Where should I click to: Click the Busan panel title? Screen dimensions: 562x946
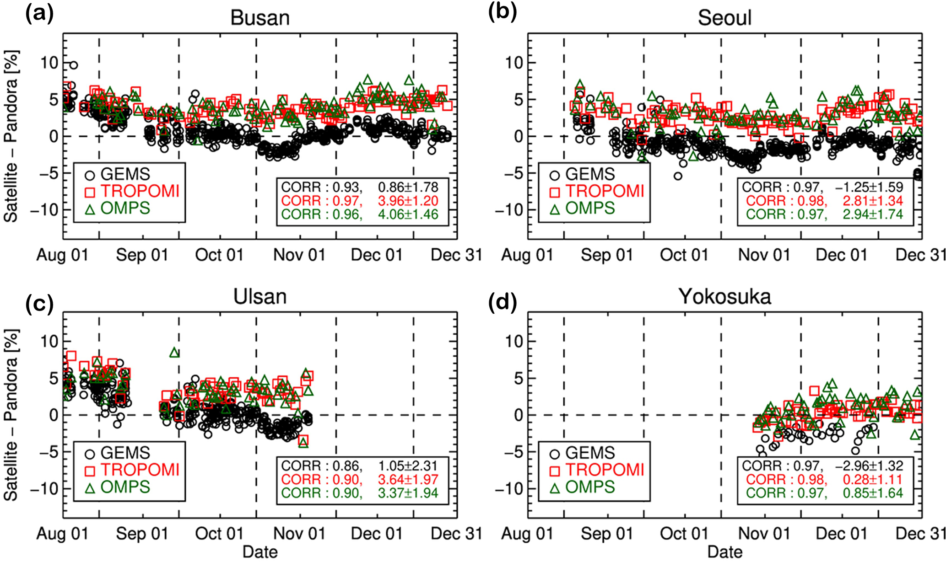260,18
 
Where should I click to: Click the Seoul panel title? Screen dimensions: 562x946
724,18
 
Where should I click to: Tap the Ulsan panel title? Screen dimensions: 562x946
260,297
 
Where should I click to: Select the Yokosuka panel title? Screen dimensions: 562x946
724,297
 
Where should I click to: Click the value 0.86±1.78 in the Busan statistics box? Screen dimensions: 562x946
408,187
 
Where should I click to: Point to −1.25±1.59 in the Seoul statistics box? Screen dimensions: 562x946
869,187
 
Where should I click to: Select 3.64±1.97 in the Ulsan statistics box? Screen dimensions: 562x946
408,480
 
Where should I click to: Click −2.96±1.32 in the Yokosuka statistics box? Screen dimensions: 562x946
869,466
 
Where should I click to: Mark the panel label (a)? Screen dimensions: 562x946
39,14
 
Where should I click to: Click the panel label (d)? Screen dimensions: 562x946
503,302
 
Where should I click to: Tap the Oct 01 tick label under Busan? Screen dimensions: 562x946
219,255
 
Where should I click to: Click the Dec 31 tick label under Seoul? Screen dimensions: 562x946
920,255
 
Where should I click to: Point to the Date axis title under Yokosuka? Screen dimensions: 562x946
724,552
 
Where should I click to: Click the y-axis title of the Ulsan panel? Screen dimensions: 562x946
11,415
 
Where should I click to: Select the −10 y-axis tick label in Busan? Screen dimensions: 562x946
43,210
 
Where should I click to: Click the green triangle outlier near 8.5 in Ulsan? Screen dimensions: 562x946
174,353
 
